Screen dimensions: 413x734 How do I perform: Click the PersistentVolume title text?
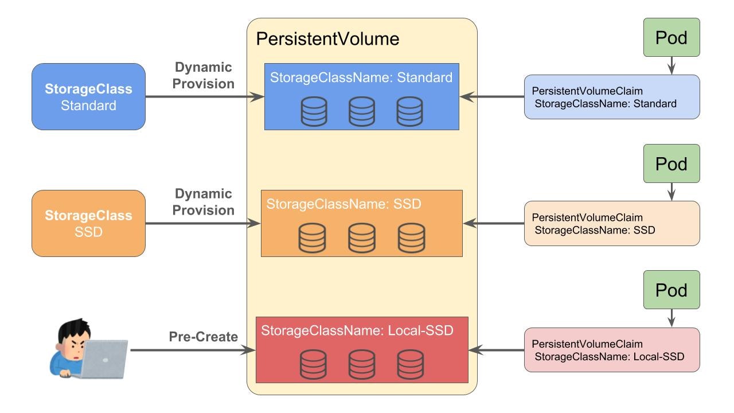[327, 39]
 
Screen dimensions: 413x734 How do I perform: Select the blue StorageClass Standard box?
[88, 97]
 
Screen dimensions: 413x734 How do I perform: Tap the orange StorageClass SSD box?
[88, 223]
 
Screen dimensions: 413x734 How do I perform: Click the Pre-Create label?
[203, 337]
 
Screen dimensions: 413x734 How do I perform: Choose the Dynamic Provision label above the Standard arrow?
[204, 75]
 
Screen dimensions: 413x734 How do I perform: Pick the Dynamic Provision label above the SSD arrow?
[204, 202]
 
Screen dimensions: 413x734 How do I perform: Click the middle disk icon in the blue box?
[362, 111]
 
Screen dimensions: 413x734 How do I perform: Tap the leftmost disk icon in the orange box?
[312, 237]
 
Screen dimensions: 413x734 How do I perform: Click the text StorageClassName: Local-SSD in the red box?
[357, 331]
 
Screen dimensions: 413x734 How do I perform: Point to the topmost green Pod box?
[671, 37]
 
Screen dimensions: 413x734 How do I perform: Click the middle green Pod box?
[671, 163]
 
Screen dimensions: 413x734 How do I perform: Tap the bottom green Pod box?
[671, 290]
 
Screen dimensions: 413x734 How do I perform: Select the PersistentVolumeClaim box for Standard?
[611, 97]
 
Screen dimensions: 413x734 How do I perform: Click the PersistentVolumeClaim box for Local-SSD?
[611, 350]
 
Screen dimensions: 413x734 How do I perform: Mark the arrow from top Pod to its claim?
[671, 65]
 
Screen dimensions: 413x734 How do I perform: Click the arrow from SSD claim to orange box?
[493, 223]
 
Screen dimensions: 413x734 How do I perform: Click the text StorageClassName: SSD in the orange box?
[343, 204]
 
